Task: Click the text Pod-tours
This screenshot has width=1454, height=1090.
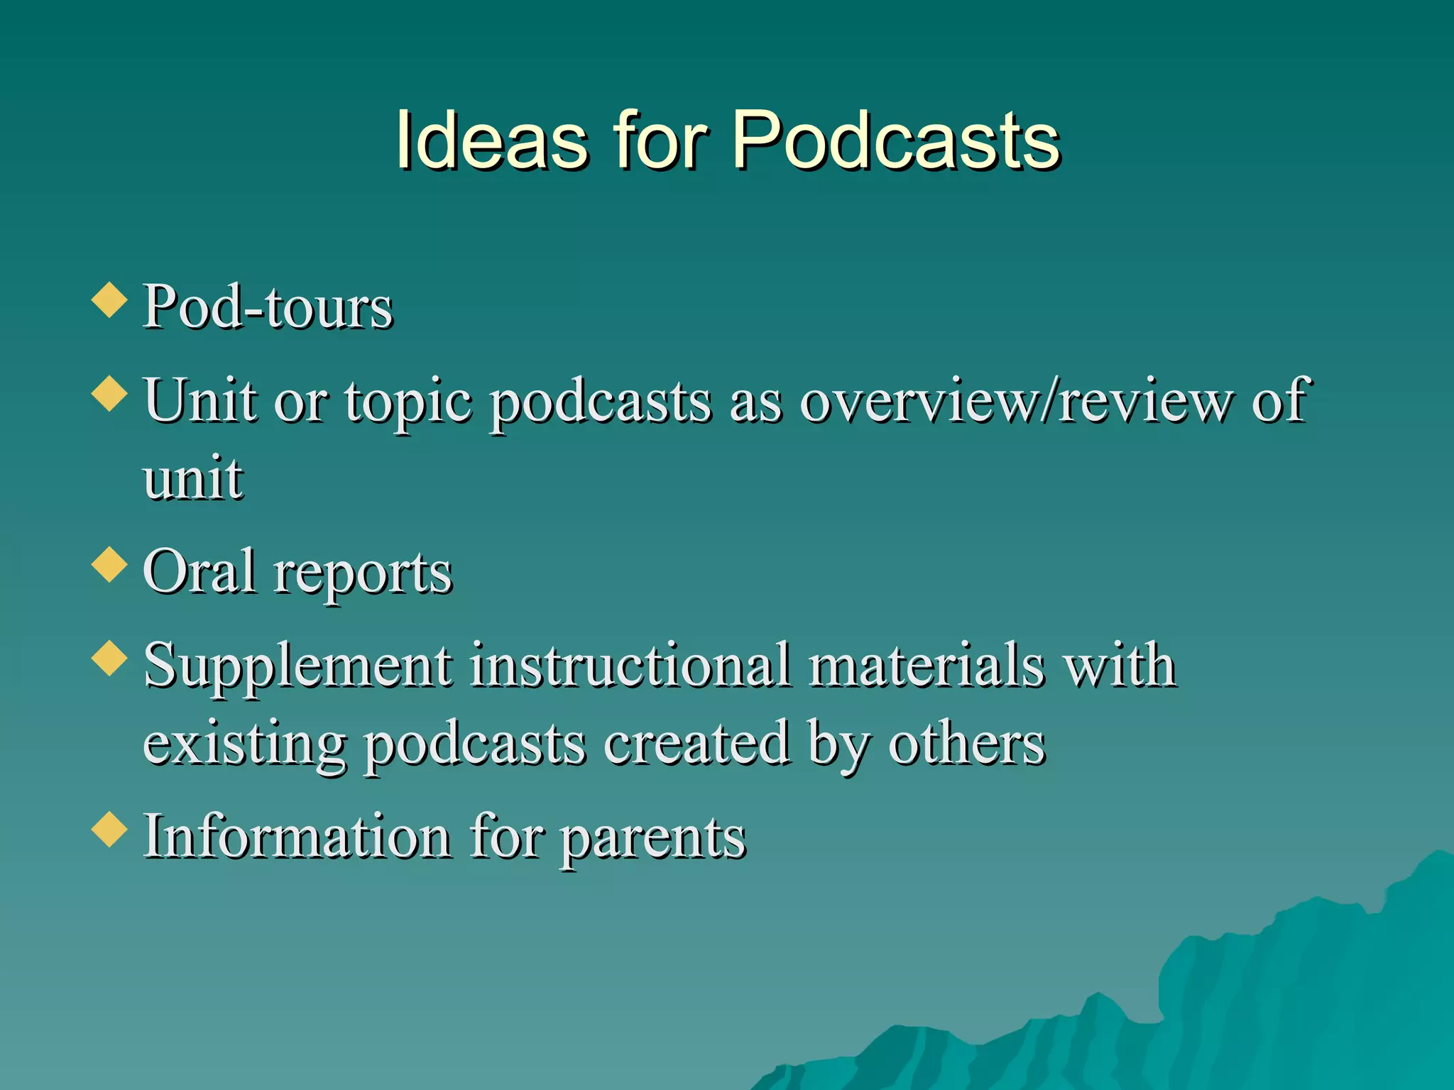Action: [x=268, y=307]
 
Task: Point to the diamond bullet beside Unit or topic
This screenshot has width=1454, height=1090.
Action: [x=109, y=393]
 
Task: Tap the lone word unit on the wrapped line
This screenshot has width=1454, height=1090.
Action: [x=193, y=478]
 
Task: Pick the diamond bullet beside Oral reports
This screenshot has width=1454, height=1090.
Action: [x=109, y=565]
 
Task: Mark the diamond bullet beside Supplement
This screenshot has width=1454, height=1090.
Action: [x=109, y=658]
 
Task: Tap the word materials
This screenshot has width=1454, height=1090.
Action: [x=926, y=666]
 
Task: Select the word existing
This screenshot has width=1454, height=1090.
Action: [x=245, y=745]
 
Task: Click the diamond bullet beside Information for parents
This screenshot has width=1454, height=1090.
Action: [x=109, y=829]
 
